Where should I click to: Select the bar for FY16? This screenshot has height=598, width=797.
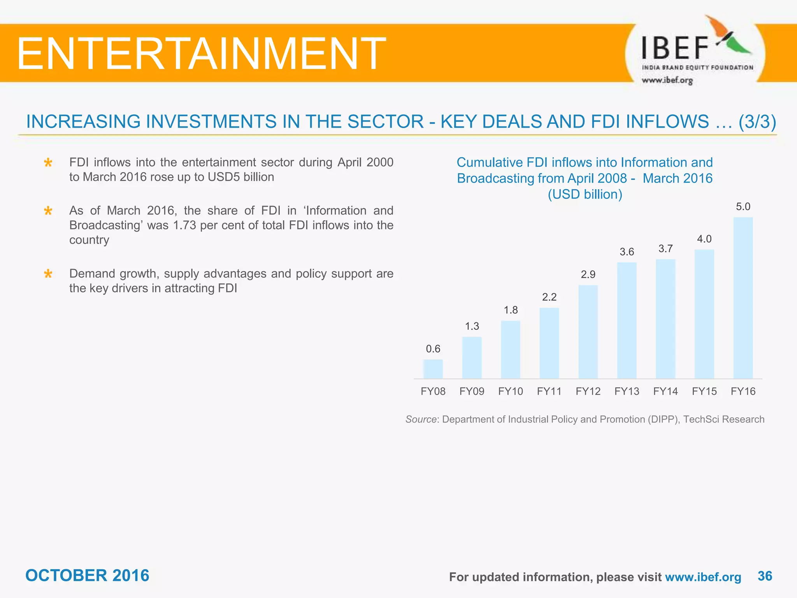743,298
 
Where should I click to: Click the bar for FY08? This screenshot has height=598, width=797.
433,369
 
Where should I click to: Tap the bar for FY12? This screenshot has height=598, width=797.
588,332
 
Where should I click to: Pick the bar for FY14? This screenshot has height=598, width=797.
665,319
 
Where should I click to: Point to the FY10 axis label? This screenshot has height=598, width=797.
511,391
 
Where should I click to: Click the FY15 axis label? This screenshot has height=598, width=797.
704,391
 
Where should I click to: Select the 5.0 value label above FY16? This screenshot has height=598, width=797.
743,207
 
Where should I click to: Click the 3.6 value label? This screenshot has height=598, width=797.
627,252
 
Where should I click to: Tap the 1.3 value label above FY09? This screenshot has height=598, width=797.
472,326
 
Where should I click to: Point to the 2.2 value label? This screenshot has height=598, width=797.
549,297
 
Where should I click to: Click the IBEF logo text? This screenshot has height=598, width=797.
675,48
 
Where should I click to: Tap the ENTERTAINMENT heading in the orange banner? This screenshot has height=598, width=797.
201,53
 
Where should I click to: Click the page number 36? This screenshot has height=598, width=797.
765,576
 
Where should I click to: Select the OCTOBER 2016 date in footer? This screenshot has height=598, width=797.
87,575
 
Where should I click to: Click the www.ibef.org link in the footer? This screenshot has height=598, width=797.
703,577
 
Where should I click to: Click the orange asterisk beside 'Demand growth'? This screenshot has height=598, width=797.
48,274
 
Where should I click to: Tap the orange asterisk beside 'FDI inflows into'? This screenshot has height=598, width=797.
48,163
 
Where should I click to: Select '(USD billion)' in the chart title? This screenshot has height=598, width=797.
585,194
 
